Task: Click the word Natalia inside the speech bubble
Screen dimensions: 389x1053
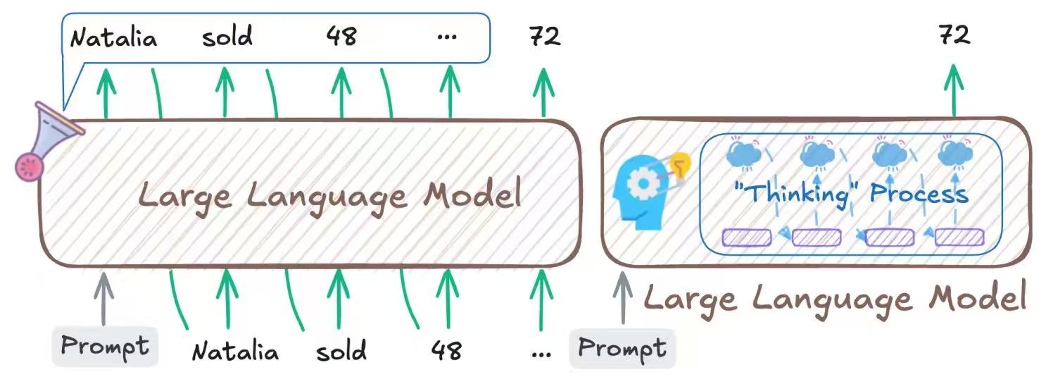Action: click(113, 37)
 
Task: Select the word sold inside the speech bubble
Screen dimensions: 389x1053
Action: click(227, 37)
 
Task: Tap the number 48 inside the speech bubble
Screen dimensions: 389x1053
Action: click(341, 37)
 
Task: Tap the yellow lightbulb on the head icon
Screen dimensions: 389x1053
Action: click(680, 166)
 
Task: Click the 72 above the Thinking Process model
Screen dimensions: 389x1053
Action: click(954, 35)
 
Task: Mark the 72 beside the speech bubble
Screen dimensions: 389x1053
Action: click(545, 37)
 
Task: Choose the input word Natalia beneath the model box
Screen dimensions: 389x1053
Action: click(235, 350)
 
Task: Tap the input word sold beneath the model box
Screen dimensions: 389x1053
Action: click(341, 350)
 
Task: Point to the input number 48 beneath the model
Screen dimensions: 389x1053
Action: click(446, 350)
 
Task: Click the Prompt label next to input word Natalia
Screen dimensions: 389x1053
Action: click(105, 347)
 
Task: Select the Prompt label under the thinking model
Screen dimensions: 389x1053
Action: click(622, 348)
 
